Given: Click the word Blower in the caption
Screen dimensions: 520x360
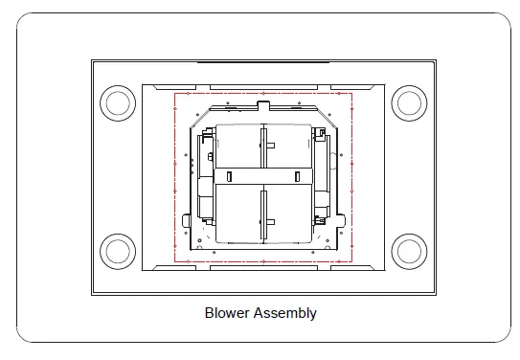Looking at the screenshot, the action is tap(227, 313).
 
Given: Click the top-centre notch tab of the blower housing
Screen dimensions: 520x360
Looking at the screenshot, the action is tap(263, 105).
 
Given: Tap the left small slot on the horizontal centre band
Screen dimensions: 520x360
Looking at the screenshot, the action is tap(229, 177).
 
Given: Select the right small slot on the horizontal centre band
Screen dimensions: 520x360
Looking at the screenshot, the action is tap(298, 177).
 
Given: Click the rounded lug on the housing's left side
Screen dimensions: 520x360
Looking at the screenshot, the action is tap(186, 220).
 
